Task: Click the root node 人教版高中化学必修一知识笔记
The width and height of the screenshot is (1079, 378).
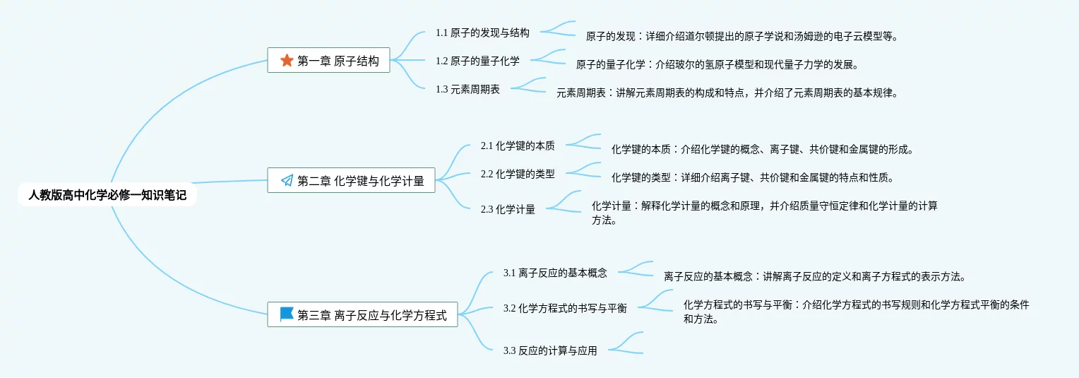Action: [107, 195]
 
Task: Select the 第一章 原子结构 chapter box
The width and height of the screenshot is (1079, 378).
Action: [328, 61]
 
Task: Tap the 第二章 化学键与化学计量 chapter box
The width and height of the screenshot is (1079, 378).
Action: [351, 181]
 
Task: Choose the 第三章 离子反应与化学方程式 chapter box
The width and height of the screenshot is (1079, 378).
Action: [362, 315]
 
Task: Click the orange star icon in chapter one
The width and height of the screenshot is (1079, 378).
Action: [287, 61]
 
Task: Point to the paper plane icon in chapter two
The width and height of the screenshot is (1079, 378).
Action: [287, 181]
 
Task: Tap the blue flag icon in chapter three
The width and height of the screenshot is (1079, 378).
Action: [287, 314]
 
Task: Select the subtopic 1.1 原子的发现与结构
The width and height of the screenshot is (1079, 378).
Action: [482, 33]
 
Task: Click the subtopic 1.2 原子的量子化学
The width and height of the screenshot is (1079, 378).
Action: [477, 61]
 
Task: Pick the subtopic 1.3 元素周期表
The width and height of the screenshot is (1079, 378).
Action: [467, 89]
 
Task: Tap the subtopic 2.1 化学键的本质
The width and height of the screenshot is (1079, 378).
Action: [518, 146]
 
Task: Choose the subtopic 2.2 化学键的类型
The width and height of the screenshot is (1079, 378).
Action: [518, 174]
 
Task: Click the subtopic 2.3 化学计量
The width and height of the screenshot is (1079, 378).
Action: [508, 209]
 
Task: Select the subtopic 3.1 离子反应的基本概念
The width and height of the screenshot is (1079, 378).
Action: [555, 273]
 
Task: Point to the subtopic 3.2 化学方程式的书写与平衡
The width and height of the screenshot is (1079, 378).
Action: [565, 308]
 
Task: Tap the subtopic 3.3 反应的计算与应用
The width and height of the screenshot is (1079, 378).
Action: [550, 350]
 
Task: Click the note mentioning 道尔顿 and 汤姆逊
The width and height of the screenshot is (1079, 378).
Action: [741, 36]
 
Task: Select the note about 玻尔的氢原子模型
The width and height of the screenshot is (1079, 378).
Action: [717, 64]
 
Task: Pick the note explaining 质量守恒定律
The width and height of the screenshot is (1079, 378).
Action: [764, 213]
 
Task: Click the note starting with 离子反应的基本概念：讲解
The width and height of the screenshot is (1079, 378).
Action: [814, 276]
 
